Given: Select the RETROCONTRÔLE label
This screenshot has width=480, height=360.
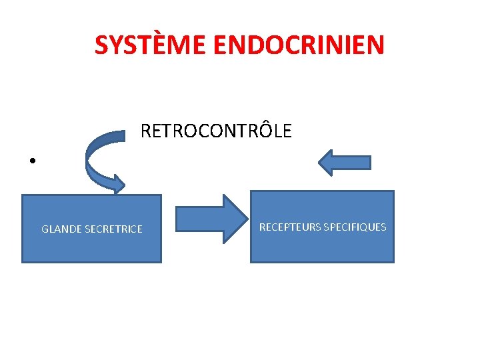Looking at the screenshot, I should [216, 131].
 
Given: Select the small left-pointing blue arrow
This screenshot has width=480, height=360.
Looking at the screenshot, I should [344, 162].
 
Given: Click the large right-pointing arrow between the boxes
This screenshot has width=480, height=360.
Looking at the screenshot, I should [209, 217].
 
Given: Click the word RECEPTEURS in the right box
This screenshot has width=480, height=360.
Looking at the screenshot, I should [289, 227].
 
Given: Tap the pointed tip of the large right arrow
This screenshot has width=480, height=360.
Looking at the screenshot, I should [244, 217].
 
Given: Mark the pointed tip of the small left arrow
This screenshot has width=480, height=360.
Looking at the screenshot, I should [319, 162].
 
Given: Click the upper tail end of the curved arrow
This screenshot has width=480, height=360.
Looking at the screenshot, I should [124, 135].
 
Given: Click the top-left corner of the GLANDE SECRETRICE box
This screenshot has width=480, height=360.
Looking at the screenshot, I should [22, 195].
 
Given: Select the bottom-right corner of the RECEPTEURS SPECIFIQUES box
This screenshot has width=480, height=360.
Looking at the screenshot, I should [394, 262].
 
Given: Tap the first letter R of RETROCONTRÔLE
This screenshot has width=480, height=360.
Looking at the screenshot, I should [146, 131].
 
